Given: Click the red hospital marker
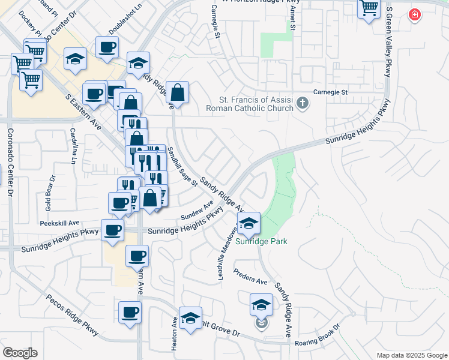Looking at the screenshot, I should point(414,15).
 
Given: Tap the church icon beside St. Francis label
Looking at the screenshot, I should point(303,106).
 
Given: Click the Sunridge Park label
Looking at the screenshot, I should point(261,242).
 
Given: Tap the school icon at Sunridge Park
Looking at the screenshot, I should point(248,224).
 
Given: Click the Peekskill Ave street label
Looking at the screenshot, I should point(60,223).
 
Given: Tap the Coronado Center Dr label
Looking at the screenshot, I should point(10,162).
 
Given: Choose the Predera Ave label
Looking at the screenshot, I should point(250,277).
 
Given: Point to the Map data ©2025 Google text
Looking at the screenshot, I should point(411,355).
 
